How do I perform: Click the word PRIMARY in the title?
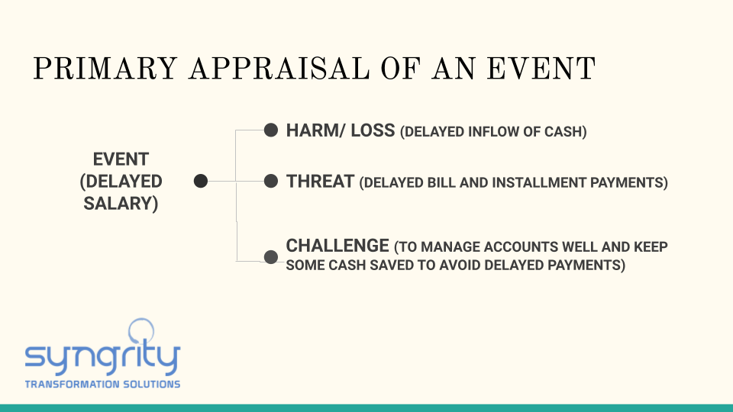[105, 69]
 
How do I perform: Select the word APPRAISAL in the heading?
[279, 69]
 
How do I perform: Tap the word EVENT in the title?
[541, 69]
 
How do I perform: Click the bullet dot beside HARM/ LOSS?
[270, 130]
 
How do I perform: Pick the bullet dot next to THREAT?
[270, 181]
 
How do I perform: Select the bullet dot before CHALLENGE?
[270, 256]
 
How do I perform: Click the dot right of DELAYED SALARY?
[201, 181]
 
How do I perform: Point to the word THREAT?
[320, 182]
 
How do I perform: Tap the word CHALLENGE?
[337, 246]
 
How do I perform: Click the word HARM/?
[315, 130]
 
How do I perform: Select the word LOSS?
[373, 130]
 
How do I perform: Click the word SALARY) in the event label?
[121, 204]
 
